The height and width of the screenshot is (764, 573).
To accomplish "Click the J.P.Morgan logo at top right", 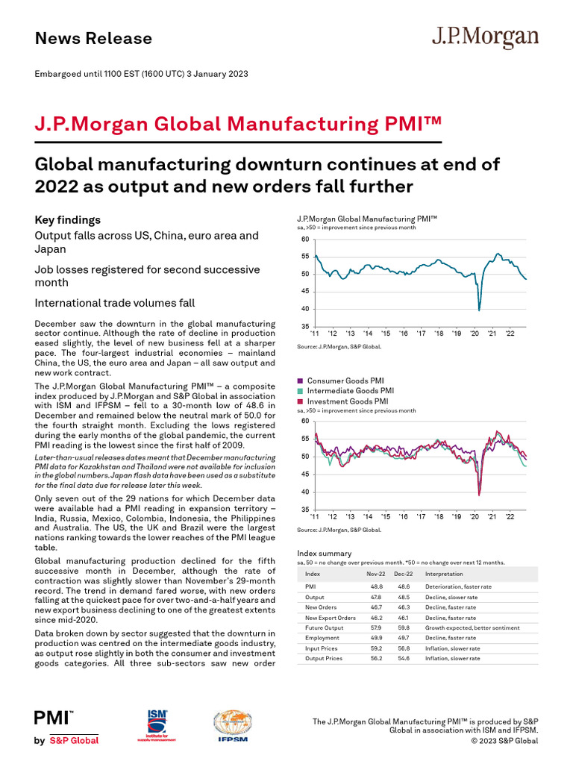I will [485, 38].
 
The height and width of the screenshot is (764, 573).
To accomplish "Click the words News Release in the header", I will [93, 39].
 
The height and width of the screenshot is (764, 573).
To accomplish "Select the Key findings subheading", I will [68, 220].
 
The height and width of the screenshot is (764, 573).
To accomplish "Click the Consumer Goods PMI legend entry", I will [345, 381].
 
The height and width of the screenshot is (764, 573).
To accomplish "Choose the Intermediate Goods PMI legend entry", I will [350, 390].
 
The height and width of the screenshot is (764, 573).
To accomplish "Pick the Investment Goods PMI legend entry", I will [348, 401].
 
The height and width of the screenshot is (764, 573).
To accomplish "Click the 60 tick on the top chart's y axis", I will [304, 239].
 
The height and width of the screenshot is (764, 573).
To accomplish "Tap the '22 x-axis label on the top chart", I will [510, 334].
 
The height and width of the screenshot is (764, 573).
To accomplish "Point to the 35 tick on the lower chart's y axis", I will [304, 510].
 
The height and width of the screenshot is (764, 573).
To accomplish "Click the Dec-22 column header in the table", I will [404, 574].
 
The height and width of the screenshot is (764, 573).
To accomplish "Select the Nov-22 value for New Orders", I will [375, 607].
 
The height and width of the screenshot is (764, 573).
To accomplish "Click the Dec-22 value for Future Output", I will [404, 628].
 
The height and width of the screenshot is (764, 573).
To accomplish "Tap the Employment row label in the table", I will [322, 638].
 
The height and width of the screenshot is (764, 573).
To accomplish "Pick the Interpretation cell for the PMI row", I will [457, 587].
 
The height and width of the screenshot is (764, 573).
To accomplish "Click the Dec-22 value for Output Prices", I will [404, 659].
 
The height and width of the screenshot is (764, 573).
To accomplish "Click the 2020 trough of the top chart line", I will [479, 310].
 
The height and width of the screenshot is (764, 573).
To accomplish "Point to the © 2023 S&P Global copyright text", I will [504, 741].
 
